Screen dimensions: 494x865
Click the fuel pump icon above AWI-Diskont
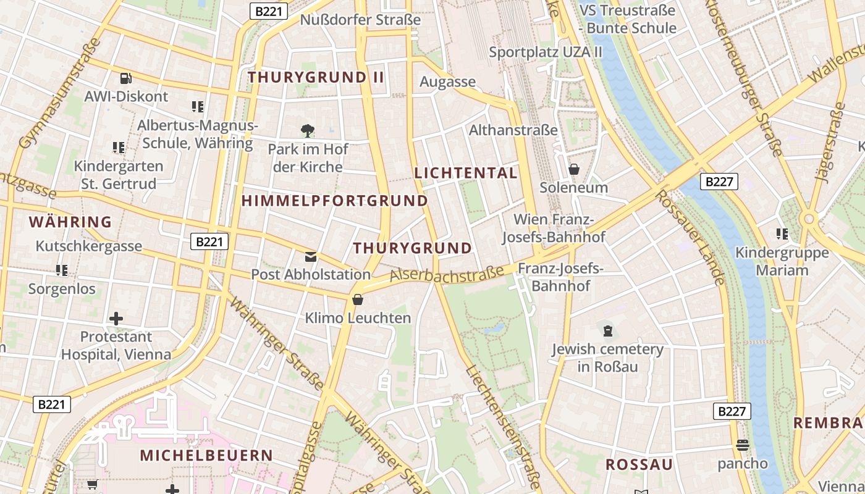126,78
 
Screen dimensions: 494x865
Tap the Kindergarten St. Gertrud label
119,175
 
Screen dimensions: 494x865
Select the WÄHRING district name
70,222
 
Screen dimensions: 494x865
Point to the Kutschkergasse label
89,246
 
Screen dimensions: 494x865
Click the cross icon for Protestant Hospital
116,319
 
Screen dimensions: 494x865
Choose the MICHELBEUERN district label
206,456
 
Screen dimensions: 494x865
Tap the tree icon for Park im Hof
307,131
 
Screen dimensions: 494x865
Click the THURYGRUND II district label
316,77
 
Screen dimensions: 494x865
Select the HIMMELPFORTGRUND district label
334,201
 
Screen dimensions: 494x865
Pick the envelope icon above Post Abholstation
311,256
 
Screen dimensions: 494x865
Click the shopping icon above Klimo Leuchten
357,300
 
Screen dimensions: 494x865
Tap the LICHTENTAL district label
466,174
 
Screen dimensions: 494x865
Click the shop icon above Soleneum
574,169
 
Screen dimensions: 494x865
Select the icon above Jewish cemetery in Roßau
608,331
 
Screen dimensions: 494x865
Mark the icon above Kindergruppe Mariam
782,234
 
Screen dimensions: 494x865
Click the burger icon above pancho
743,445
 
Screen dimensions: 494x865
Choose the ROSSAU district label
639,465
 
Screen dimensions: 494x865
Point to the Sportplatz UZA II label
546,52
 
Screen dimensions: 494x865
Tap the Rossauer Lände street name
690,238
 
